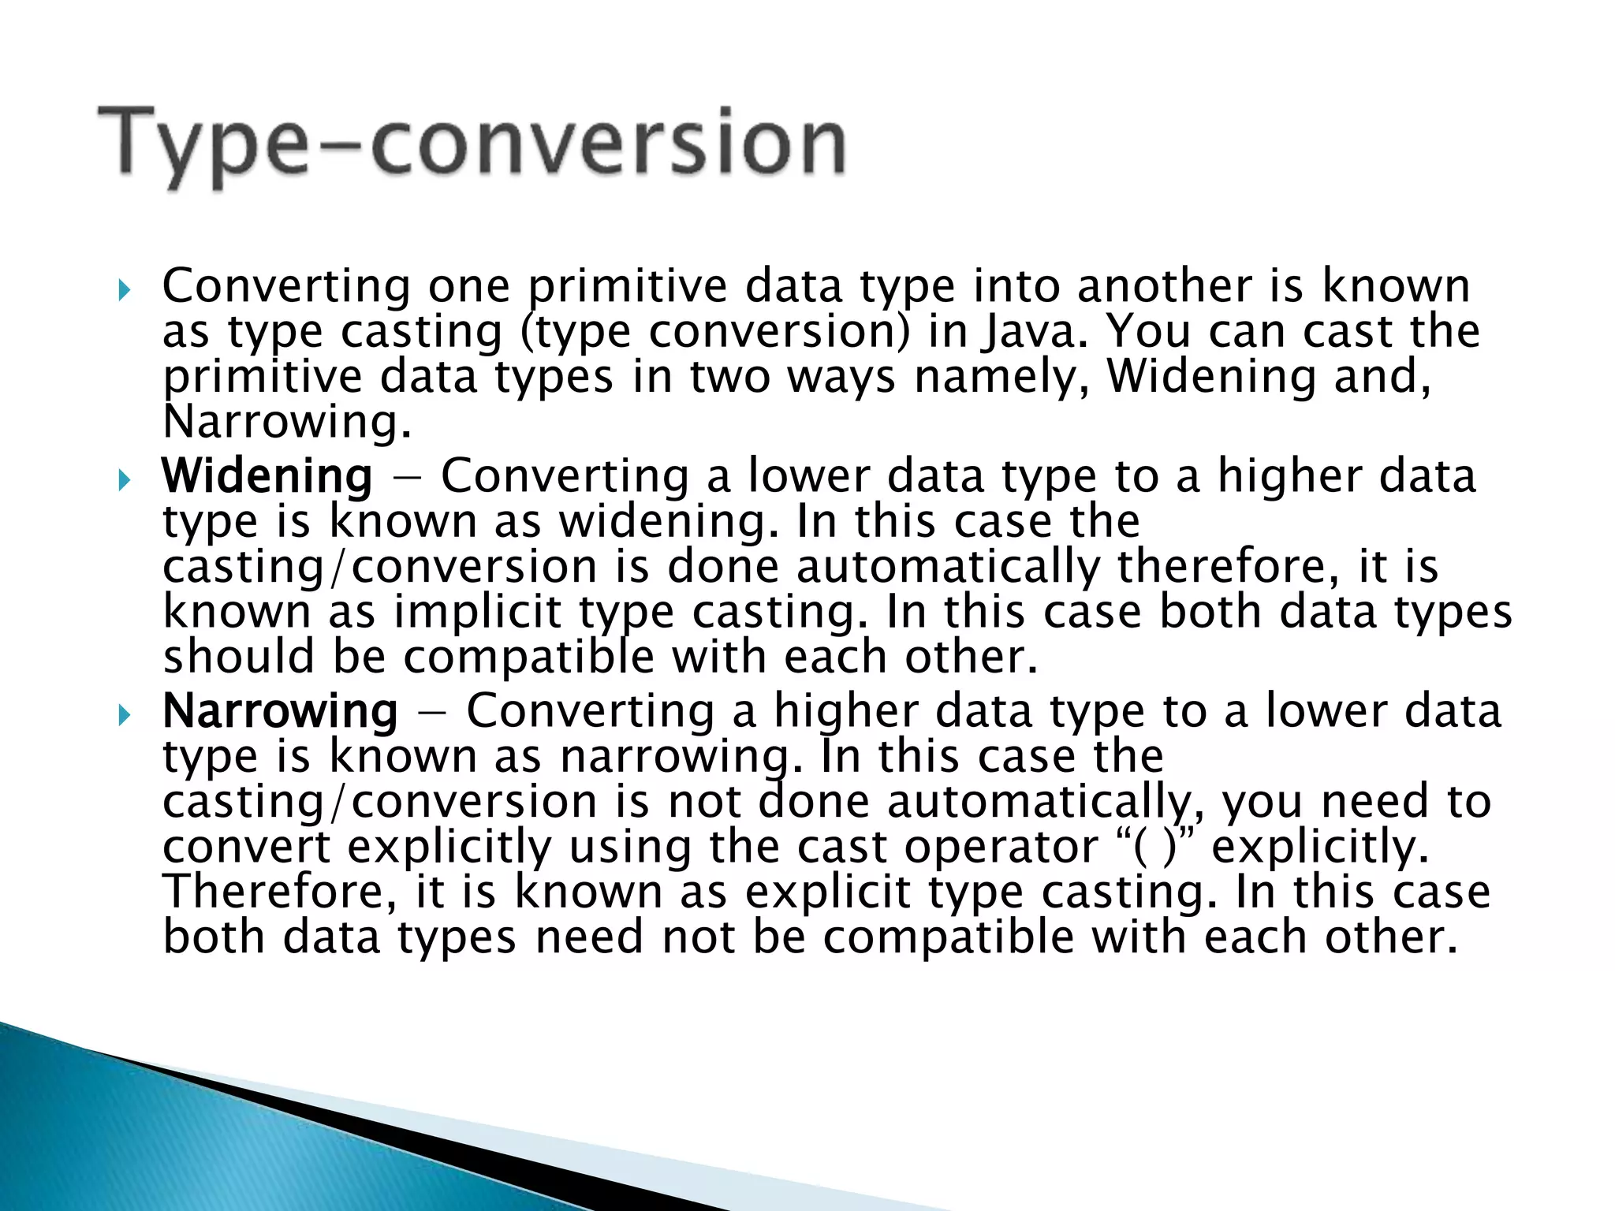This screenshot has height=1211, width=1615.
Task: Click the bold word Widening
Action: [x=267, y=476]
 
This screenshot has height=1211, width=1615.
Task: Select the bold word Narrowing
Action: [x=280, y=711]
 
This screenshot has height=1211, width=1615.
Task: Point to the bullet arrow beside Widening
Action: [x=123, y=480]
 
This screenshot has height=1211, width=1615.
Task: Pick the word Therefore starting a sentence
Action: [x=279, y=892]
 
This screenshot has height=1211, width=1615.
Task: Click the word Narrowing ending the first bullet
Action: [x=285, y=423]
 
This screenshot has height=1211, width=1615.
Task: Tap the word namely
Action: [x=1001, y=377]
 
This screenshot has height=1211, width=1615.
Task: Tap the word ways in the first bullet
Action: [x=841, y=377]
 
